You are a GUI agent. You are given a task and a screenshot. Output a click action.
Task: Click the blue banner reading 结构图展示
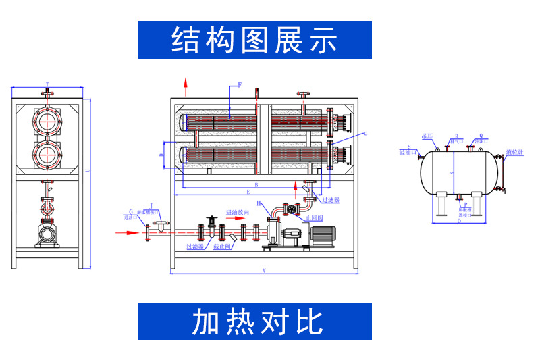(254, 40)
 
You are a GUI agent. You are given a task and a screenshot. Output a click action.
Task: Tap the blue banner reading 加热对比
(254, 322)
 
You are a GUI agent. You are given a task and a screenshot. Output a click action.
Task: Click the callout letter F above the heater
(239, 86)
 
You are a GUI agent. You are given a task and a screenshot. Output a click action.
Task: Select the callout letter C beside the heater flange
(365, 134)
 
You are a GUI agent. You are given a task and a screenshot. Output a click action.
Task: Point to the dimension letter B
(256, 184)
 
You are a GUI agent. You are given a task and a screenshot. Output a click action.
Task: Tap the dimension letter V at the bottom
(263, 271)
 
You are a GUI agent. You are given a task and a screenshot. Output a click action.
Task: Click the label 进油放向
(238, 213)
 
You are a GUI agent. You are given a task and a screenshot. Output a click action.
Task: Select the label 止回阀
(315, 218)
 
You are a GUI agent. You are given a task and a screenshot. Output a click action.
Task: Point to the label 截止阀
(223, 247)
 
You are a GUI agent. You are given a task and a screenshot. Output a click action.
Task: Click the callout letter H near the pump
(259, 203)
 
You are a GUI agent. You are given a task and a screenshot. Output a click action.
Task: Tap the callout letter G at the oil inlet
(130, 212)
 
